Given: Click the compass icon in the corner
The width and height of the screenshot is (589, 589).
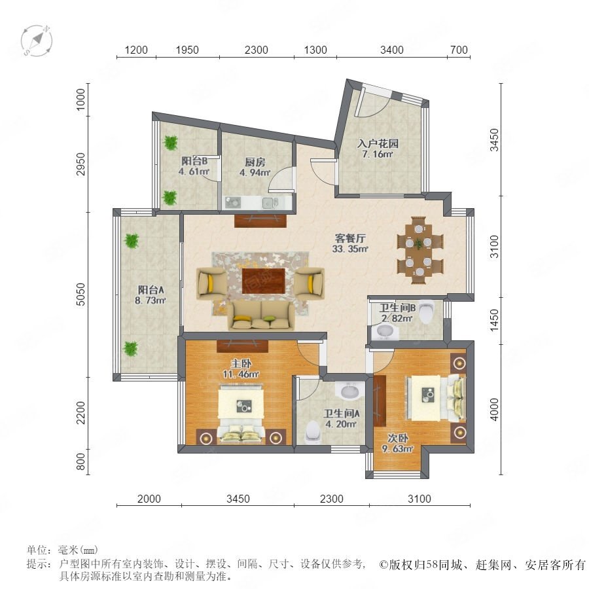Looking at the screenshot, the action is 37,41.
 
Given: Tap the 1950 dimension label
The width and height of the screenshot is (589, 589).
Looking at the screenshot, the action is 187,50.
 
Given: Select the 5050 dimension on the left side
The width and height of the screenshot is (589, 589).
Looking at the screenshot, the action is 80,294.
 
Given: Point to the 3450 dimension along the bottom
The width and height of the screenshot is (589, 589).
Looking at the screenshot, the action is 238,499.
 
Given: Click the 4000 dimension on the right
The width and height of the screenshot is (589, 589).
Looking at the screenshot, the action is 495,410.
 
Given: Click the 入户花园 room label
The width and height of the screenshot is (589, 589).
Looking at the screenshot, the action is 378,143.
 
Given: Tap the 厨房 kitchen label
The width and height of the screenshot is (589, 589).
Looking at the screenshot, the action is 255,162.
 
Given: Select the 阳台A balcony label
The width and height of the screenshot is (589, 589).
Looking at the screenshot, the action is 151,290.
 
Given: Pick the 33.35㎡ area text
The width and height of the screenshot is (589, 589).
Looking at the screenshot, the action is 350,248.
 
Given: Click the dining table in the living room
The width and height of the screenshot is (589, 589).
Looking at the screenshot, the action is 420,250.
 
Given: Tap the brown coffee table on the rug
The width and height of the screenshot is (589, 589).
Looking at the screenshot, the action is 263,281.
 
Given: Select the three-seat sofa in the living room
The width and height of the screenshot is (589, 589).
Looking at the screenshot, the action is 261,316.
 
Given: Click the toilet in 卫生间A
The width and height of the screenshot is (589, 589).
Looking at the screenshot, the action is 313,432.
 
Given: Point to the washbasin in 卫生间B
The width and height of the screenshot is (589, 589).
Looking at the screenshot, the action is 384,332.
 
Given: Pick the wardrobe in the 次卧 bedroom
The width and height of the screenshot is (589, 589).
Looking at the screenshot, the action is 380,401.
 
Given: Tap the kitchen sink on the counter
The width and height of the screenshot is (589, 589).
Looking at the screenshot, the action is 268,202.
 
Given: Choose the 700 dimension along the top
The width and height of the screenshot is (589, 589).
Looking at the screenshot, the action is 459,50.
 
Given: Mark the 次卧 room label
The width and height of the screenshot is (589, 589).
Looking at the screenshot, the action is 398,438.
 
